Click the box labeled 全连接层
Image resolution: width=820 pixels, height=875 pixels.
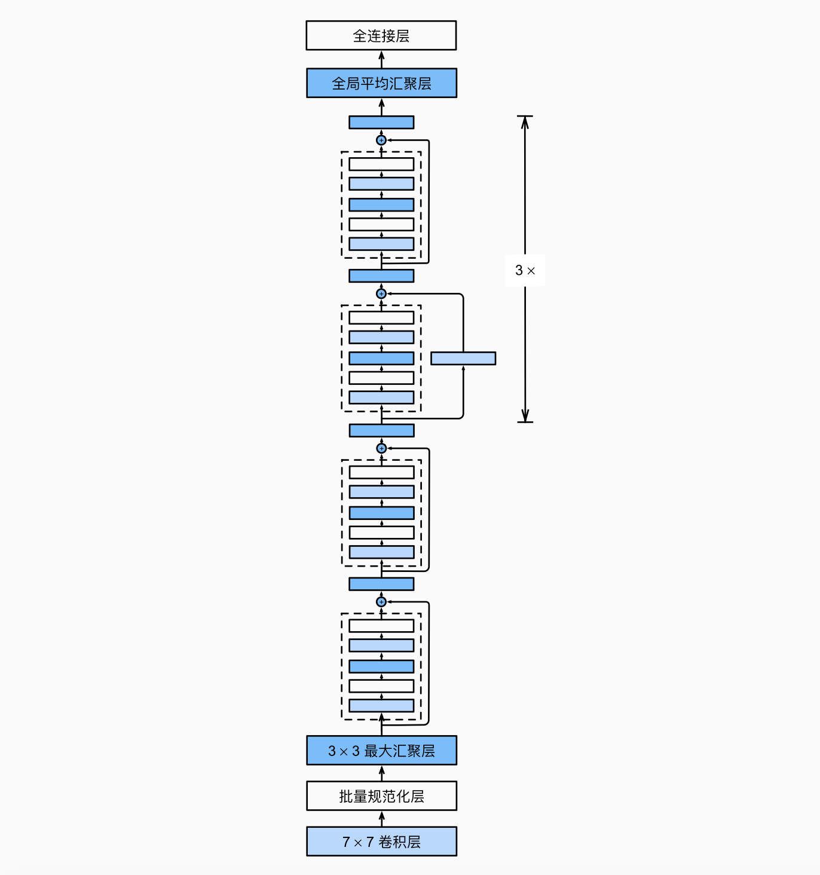coord(381,36)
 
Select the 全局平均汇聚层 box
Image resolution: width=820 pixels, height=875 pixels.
coord(381,83)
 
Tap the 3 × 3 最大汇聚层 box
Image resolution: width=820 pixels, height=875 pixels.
coord(381,751)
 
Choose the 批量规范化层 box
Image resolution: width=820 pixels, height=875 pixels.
coord(381,796)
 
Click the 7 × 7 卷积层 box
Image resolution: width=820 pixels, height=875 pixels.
coord(381,842)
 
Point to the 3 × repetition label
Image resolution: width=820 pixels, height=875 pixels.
coord(525,270)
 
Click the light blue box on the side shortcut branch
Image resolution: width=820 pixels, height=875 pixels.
coord(463,359)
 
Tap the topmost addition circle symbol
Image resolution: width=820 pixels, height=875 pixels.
coord(381,140)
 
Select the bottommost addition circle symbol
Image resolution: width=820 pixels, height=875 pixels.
coord(381,602)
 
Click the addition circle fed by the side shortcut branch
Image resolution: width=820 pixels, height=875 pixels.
coord(381,293)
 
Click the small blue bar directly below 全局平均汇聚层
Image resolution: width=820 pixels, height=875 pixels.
coord(381,123)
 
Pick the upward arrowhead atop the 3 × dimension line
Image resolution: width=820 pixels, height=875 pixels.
coord(525,121)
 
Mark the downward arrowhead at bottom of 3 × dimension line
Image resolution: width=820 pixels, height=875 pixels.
coord(525,417)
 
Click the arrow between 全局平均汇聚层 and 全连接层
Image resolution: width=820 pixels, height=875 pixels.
coord(381,59)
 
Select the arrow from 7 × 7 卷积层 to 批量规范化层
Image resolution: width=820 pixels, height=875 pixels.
coord(381,819)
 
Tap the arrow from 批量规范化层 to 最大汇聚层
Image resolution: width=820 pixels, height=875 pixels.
coord(381,773)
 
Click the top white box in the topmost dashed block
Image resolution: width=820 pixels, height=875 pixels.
coord(381,164)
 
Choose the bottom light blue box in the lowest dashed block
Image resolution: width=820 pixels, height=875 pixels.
coord(381,705)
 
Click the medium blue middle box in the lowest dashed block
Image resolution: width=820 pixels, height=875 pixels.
coord(381,666)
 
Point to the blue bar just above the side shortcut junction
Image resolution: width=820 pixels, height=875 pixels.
coord(381,276)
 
